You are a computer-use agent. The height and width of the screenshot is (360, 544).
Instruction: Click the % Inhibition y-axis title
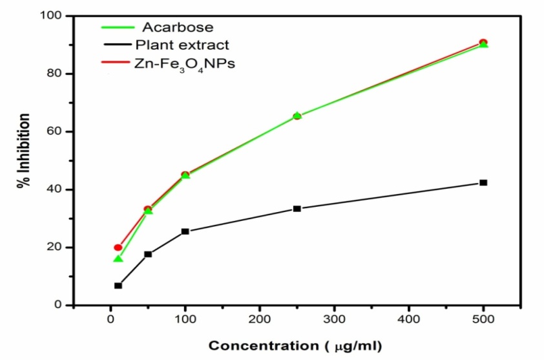[x=24, y=150]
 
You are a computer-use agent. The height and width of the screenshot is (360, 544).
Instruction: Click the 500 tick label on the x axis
[x=483, y=319]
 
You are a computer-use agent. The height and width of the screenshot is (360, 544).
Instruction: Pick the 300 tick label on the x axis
[x=334, y=319]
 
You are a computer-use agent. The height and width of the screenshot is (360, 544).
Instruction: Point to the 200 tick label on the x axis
[x=260, y=319]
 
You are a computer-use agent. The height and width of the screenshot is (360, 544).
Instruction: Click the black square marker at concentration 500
[x=483, y=183]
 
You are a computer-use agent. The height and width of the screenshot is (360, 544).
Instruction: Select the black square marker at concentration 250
[x=297, y=209]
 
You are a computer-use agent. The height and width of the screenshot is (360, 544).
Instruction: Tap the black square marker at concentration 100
[x=185, y=231]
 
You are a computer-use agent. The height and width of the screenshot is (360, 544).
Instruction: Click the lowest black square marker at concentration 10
[x=118, y=286]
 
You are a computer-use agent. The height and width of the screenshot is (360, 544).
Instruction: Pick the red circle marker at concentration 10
[x=118, y=248]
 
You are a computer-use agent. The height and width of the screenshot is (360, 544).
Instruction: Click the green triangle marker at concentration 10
[x=118, y=259]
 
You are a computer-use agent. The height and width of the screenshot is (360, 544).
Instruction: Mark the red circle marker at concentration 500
[x=483, y=43]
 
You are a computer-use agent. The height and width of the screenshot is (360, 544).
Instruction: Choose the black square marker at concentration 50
[x=148, y=254]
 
